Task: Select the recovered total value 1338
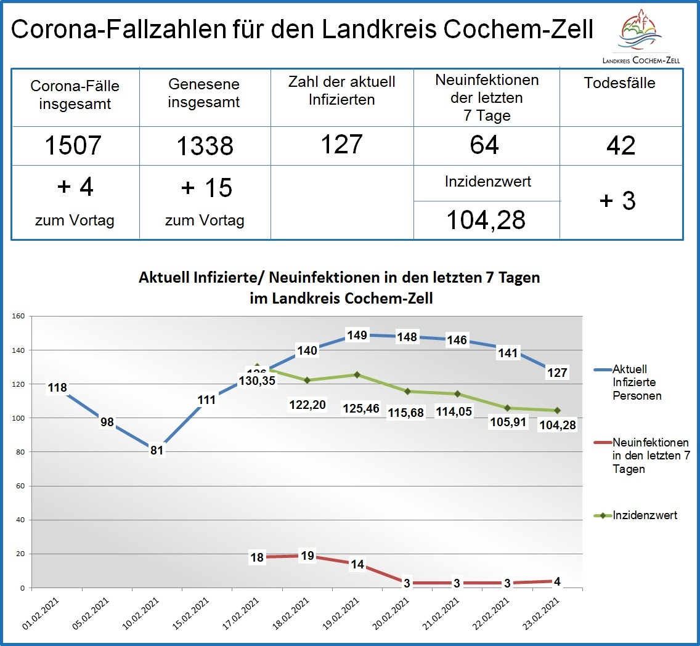pyautogui.click(x=205, y=146)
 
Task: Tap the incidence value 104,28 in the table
pyautogui.click(x=486, y=219)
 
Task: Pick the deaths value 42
pyautogui.click(x=621, y=146)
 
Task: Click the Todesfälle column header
pyautogui.click(x=620, y=83)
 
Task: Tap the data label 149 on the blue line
pyautogui.click(x=357, y=335)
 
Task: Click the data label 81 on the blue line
pyautogui.click(x=157, y=450)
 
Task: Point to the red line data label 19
pyautogui.click(x=307, y=556)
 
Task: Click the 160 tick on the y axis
pyautogui.click(x=18, y=317)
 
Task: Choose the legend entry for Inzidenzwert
pyautogui.click(x=645, y=515)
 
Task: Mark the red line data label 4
pyautogui.click(x=558, y=580)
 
